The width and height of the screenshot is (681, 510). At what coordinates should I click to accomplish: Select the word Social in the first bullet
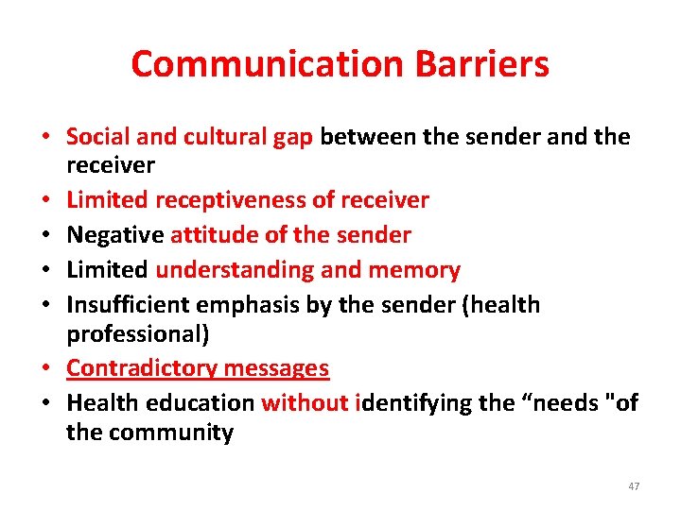[x=99, y=137]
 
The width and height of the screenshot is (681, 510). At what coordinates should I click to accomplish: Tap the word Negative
[x=115, y=234]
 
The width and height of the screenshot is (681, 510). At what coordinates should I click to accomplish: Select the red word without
[x=306, y=403]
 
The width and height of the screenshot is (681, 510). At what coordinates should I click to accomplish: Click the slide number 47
[x=634, y=486]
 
